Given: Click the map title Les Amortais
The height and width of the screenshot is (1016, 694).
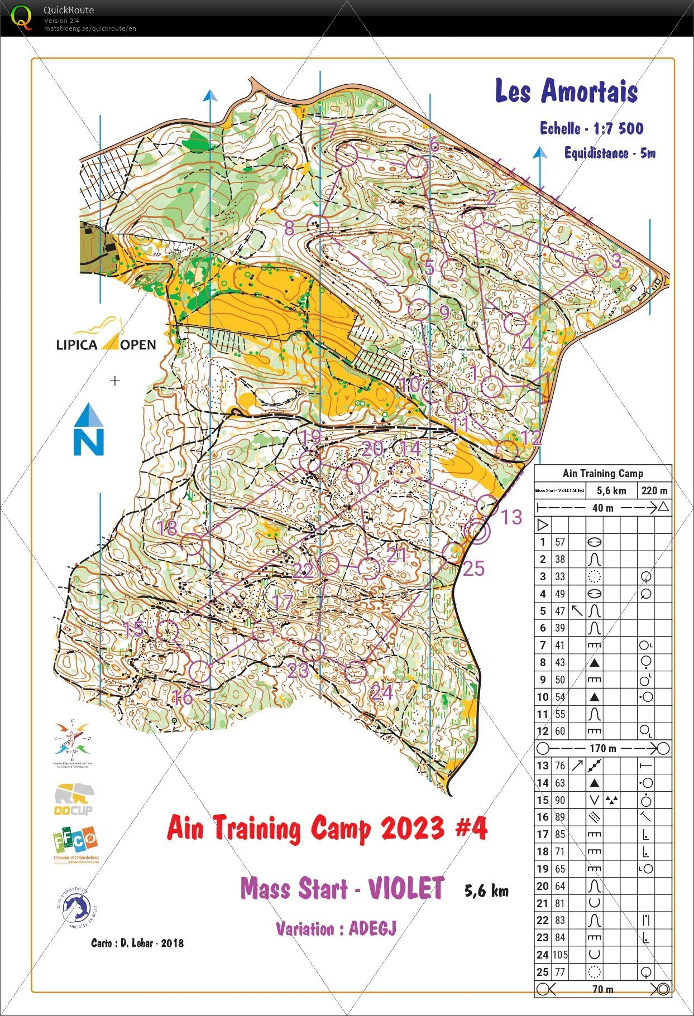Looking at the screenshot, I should pyautogui.click(x=566, y=92).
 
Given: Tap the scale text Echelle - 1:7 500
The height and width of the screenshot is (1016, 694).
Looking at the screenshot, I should pyautogui.click(x=591, y=129).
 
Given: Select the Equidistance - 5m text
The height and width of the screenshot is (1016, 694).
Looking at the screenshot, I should pyautogui.click(x=609, y=153).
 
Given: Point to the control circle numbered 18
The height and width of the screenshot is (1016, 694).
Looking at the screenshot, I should pyautogui.click(x=192, y=545).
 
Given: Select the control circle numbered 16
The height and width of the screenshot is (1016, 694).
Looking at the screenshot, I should pyautogui.click(x=200, y=671).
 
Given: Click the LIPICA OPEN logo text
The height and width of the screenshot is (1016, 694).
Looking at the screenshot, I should pyautogui.click(x=106, y=344).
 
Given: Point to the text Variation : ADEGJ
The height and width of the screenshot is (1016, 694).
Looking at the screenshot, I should pyautogui.click(x=336, y=928).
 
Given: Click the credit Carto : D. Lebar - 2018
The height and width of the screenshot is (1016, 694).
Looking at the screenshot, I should pyautogui.click(x=137, y=943).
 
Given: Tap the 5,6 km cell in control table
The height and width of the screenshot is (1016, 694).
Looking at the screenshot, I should pyautogui.click(x=611, y=491).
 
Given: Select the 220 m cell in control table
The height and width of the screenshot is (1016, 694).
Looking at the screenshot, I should pyautogui.click(x=654, y=491).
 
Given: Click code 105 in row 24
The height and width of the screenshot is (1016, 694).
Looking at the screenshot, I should pyautogui.click(x=560, y=955).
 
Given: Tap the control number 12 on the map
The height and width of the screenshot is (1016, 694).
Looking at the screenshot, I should pyautogui.click(x=531, y=438).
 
